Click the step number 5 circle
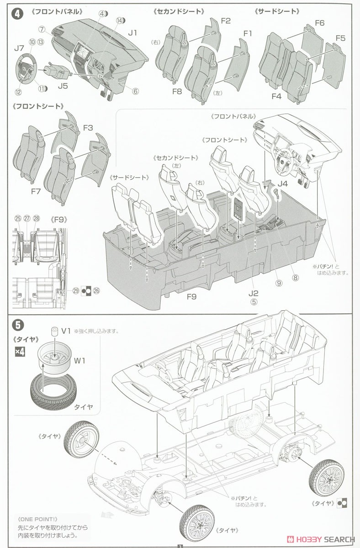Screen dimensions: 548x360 point(18,325)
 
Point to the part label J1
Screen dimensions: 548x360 point(132,33)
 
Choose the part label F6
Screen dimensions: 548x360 point(319,23)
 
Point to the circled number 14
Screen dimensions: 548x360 point(119,21)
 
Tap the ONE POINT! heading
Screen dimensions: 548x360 point(37,518)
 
